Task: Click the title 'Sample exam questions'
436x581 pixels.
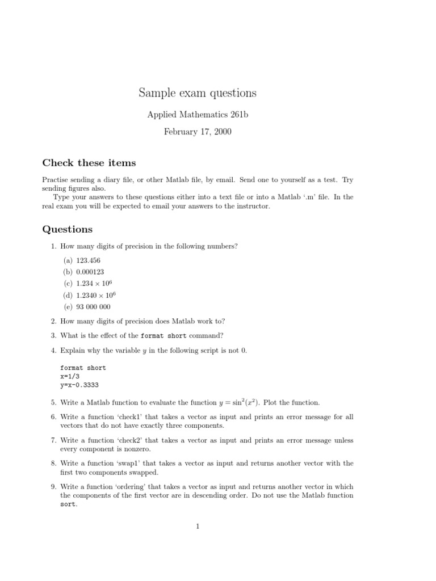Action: pos(198,92)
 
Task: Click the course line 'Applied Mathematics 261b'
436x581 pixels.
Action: pos(198,115)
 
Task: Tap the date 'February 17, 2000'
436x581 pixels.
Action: pos(198,132)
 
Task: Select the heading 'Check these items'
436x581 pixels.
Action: pos(89,163)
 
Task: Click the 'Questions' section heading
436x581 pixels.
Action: pos(67,229)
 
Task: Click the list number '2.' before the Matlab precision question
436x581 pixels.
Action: pos(53,321)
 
